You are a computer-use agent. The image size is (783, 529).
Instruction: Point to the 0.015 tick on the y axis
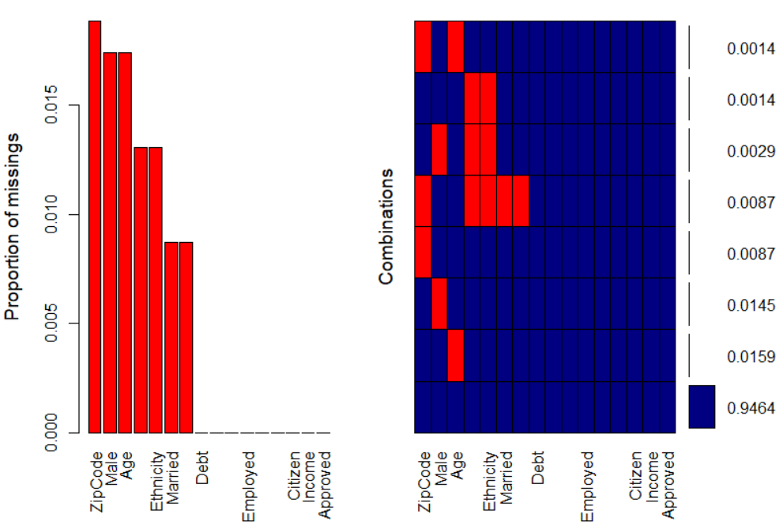[x=51, y=106]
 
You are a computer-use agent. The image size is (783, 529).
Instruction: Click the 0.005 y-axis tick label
[x=51, y=324]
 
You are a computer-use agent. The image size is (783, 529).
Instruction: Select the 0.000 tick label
[x=51, y=433]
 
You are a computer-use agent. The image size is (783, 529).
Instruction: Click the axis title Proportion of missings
[x=13, y=226]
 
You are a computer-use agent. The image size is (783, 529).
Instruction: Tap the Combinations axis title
[x=386, y=226]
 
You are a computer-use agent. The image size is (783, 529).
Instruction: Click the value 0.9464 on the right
[x=751, y=408]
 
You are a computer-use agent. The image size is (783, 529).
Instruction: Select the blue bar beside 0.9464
[x=702, y=406]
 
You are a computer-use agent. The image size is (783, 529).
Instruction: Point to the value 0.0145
[x=751, y=304]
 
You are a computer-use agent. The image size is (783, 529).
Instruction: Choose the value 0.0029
[x=751, y=150]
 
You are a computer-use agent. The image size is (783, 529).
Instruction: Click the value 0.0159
[x=751, y=356]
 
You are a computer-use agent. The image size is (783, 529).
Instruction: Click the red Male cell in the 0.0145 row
[x=439, y=304]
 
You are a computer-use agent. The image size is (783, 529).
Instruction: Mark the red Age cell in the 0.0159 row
[x=456, y=355]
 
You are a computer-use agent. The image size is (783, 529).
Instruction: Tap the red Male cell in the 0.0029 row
[x=439, y=149]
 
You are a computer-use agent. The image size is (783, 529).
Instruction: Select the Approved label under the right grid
[x=668, y=486]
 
